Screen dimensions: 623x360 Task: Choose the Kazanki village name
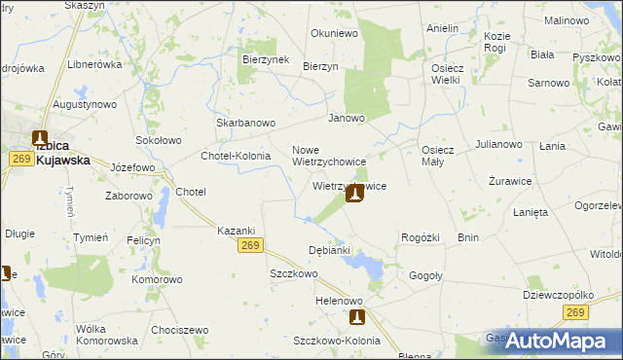(236, 230)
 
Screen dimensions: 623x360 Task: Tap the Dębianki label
(328, 250)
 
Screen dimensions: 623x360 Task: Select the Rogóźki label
(421, 237)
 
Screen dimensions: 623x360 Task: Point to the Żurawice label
(509, 182)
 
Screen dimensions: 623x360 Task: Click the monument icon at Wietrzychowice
(355, 194)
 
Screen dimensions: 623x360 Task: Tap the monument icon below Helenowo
(357, 316)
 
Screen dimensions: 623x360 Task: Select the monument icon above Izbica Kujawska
(40, 140)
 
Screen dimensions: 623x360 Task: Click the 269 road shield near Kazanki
(248, 248)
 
